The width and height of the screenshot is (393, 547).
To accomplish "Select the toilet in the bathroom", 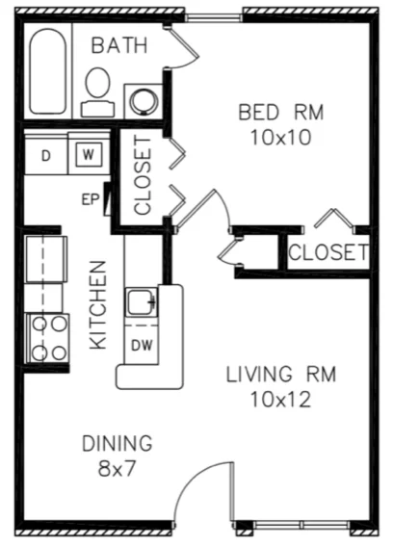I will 97,88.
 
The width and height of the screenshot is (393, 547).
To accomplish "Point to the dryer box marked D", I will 46,154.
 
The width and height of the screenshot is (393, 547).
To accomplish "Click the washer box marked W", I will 87,154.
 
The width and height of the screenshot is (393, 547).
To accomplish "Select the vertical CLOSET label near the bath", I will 143,175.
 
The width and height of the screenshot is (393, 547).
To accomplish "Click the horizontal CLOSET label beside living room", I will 327,253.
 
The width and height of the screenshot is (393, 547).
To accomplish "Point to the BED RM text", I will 281,113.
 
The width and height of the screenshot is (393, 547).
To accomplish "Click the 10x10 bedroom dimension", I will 281,137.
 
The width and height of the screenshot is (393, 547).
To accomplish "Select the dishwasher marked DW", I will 140,344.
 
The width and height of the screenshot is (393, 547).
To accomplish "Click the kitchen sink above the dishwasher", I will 142,302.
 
